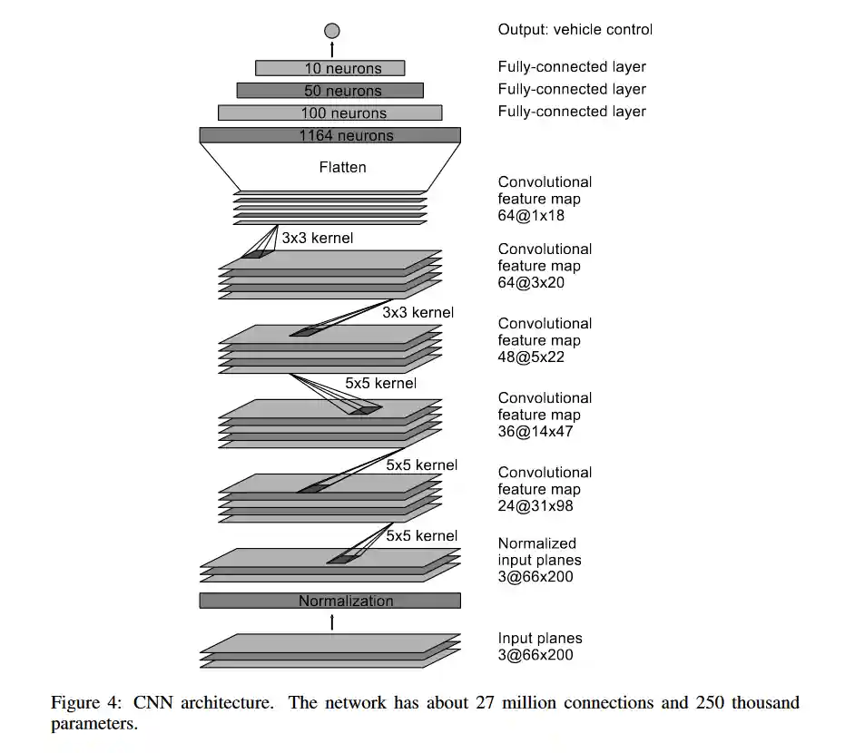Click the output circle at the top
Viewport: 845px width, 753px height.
[x=331, y=31]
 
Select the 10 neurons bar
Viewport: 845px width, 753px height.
[x=329, y=68]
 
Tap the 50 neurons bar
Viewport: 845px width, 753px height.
[x=329, y=91]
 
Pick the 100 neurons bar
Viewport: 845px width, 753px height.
[x=329, y=113]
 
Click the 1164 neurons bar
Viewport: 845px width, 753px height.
[x=329, y=135]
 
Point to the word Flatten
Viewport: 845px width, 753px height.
[x=342, y=167]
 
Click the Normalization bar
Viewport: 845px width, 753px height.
[x=329, y=601]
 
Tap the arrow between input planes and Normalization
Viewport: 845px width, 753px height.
[x=331, y=621]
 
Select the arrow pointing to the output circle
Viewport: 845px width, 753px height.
[x=331, y=48]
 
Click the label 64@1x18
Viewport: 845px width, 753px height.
[x=535, y=216]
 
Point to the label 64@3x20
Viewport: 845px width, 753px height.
[x=535, y=283]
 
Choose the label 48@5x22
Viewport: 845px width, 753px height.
[x=535, y=357]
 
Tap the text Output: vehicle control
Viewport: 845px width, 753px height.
[x=575, y=29]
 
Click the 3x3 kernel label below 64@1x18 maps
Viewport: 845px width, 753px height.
[x=317, y=239]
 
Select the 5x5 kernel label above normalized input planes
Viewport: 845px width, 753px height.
[x=421, y=535]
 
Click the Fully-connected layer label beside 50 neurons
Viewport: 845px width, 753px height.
[x=572, y=89]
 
